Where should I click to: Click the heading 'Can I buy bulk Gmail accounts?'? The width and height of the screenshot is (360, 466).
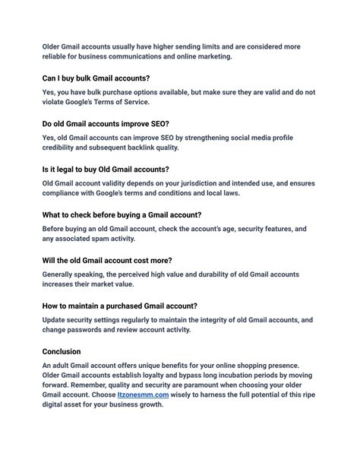[96, 78]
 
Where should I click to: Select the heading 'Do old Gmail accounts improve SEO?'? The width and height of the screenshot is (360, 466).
[106, 124]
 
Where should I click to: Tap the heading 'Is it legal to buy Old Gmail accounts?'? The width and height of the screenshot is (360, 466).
[106, 169]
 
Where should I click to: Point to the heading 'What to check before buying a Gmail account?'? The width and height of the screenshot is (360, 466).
[122, 214]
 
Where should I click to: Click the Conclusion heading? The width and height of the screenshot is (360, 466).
[62, 351]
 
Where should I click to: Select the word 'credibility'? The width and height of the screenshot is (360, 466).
[64, 147]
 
